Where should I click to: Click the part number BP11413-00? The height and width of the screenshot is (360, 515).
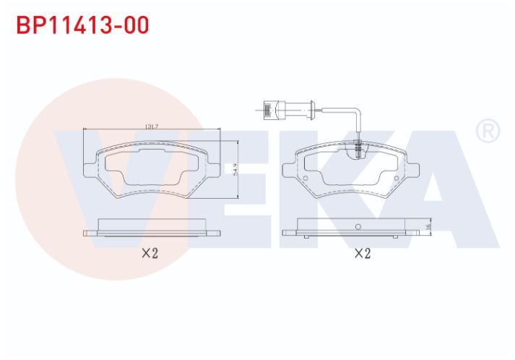(x=82, y=25)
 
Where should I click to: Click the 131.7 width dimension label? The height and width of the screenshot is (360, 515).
(x=152, y=127)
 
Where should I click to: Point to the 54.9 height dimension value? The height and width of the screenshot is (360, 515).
(x=235, y=170)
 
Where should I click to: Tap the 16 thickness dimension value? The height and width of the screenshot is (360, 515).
(x=428, y=227)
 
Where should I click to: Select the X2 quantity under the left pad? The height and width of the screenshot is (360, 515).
(x=150, y=253)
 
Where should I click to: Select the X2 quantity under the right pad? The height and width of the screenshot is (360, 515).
(x=363, y=253)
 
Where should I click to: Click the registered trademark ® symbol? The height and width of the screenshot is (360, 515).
(x=488, y=131)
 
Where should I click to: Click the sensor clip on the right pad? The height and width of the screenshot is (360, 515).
(x=359, y=147)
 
